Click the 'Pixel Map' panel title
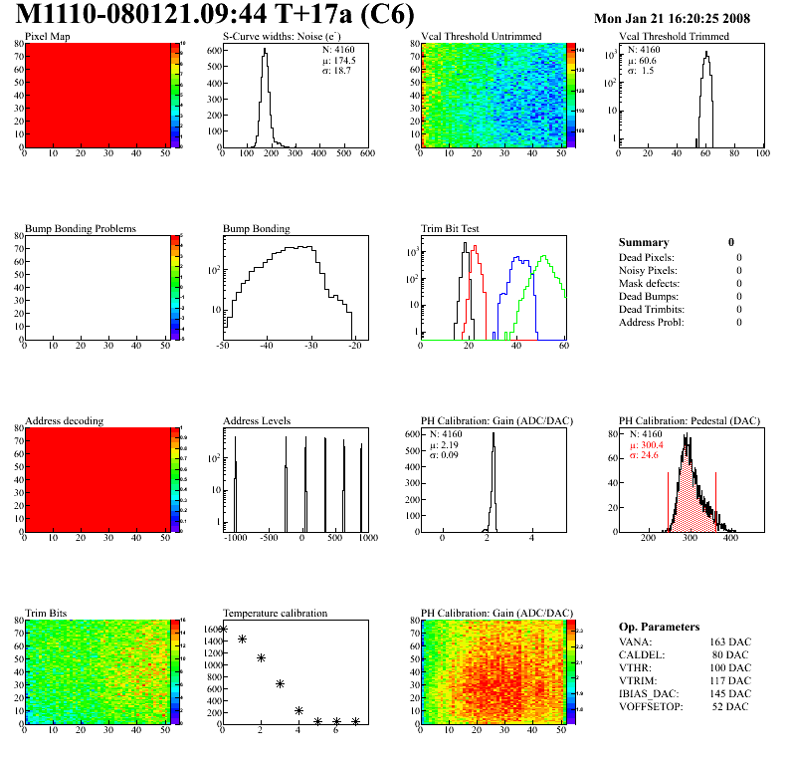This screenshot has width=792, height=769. pyautogui.click(x=47, y=37)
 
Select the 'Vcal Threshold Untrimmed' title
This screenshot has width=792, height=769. pyautogui.click(x=481, y=37)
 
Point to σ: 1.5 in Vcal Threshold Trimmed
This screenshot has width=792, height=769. pyautogui.click(x=641, y=71)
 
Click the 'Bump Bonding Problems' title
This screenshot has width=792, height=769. pyautogui.click(x=80, y=229)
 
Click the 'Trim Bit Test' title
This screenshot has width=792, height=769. pyautogui.click(x=451, y=229)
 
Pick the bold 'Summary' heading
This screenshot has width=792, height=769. pyautogui.click(x=644, y=242)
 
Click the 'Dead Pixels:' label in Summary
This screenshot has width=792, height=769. pyautogui.click(x=647, y=258)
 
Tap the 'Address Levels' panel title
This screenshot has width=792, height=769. pyautogui.click(x=257, y=421)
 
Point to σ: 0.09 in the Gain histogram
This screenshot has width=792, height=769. pyautogui.click(x=450, y=456)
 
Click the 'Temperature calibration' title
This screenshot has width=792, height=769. pyautogui.click(x=275, y=614)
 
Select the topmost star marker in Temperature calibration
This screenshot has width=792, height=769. pyautogui.click(x=223, y=630)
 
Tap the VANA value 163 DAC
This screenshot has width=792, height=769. pyautogui.click(x=729, y=642)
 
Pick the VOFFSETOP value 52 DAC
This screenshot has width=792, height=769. pyautogui.click(x=732, y=707)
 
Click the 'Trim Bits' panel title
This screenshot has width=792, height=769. pyautogui.click(x=47, y=614)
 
